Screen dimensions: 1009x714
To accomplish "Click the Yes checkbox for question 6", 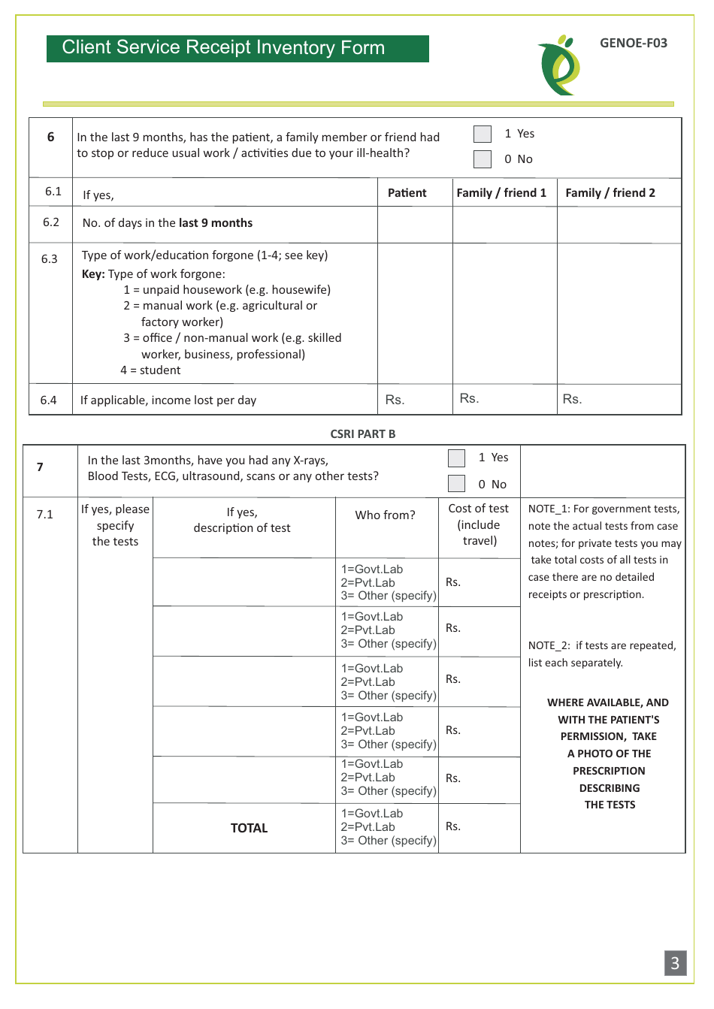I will pos(483,134).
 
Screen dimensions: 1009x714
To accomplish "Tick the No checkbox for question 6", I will pos(483,159).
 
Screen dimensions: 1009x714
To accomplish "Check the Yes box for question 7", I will pos(456,458).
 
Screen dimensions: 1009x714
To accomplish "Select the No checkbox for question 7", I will pos(456,484).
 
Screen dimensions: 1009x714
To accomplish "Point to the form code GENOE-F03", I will pos(633,43).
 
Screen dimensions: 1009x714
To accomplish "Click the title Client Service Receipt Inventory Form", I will pos(223,48).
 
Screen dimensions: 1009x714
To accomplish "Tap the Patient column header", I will pos(407,193).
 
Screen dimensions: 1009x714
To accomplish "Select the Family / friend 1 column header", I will pos(501,193).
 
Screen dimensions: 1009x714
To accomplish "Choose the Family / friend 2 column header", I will pos(610,193).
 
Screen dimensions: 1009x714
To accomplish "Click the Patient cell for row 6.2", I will pos(415,225).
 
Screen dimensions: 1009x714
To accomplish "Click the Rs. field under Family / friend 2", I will pos(619,400).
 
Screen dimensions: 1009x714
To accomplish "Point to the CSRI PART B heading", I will pos(362,434).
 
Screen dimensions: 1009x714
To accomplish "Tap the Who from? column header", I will pos(385,515).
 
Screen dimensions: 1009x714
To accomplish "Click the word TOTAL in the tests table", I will pos(249,828).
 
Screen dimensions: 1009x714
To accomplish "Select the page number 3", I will pos(675,963).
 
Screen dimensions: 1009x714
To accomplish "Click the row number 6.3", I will pos(50,259).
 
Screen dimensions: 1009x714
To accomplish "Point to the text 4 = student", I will pos(150,370).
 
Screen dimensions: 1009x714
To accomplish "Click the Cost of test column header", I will pos(479,524).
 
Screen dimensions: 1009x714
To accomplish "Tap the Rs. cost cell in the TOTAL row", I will pos(478,827).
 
